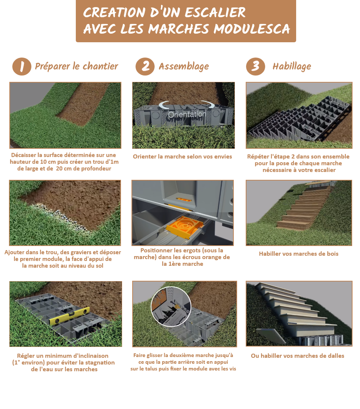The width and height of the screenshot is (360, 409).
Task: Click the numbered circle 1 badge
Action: (x=22, y=67)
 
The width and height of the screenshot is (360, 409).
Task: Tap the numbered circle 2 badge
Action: (x=145, y=67)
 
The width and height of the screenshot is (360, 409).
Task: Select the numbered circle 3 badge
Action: (x=255, y=67)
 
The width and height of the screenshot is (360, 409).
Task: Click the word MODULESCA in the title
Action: (x=252, y=29)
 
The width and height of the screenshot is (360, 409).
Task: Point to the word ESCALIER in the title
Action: (x=212, y=12)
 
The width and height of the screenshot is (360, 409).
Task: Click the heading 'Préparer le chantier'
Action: (x=76, y=67)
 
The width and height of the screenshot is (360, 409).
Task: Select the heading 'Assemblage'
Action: (x=184, y=67)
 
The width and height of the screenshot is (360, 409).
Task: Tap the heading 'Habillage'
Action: (x=292, y=67)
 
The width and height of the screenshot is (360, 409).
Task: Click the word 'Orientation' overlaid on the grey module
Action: (x=187, y=114)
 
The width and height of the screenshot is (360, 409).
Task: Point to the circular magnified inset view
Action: (x=171, y=306)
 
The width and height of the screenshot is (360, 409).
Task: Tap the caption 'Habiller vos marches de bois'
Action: (x=298, y=254)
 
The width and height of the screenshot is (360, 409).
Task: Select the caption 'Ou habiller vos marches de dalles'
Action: (x=298, y=356)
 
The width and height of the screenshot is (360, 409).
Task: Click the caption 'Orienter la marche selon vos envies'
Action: (x=182, y=157)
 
